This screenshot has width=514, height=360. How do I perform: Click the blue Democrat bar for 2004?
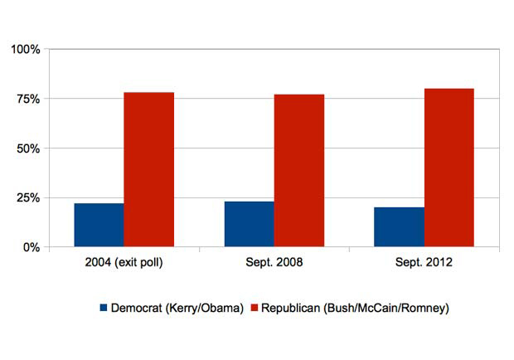click(99, 225)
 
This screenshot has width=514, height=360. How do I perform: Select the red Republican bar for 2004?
click(149, 169)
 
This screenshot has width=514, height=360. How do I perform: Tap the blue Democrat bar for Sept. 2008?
click(249, 224)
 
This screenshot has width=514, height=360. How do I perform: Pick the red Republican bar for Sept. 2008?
click(299, 170)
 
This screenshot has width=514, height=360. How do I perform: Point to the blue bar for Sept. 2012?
click(399, 227)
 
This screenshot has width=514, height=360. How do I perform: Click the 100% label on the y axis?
click(25, 50)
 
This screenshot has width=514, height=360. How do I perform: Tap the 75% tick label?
click(27, 99)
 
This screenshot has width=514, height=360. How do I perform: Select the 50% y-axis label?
click(27, 148)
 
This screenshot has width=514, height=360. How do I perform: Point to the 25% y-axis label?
click(27, 198)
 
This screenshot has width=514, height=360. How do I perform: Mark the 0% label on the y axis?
click(31, 247)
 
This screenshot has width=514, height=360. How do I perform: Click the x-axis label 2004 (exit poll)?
click(124, 264)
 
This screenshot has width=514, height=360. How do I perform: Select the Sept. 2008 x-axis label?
click(274, 264)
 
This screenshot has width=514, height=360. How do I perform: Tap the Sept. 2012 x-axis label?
click(424, 264)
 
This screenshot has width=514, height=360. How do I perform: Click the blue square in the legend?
click(104, 308)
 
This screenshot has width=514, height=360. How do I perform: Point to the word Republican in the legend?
click(292, 308)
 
